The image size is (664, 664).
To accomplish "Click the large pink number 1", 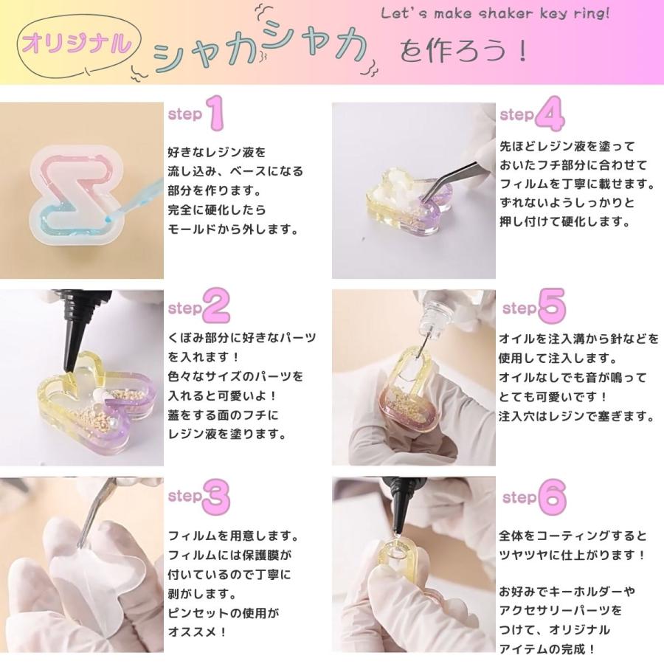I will tap(213, 113).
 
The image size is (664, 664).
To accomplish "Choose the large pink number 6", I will tap(551, 497).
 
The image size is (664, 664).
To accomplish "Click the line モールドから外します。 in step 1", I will tap(232, 229).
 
